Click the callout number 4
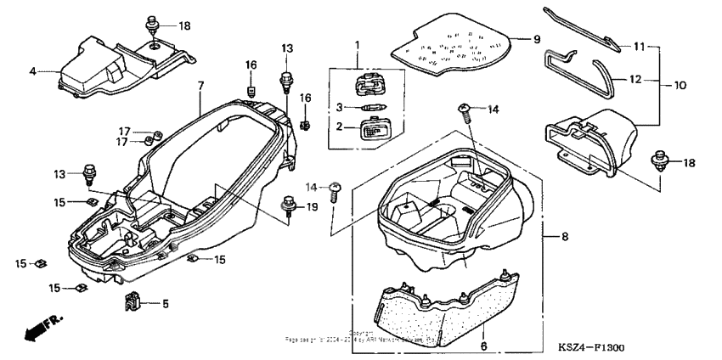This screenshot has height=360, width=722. (32, 71)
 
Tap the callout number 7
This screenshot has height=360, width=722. (200, 86)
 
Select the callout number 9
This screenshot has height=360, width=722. (537, 40)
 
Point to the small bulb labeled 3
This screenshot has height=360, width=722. (373, 107)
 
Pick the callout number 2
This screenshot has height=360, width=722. (339, 127)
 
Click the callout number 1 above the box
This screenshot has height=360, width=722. (358, 45)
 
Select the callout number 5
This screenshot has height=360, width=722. (166, 303)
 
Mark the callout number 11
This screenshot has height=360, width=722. (639, 45)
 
